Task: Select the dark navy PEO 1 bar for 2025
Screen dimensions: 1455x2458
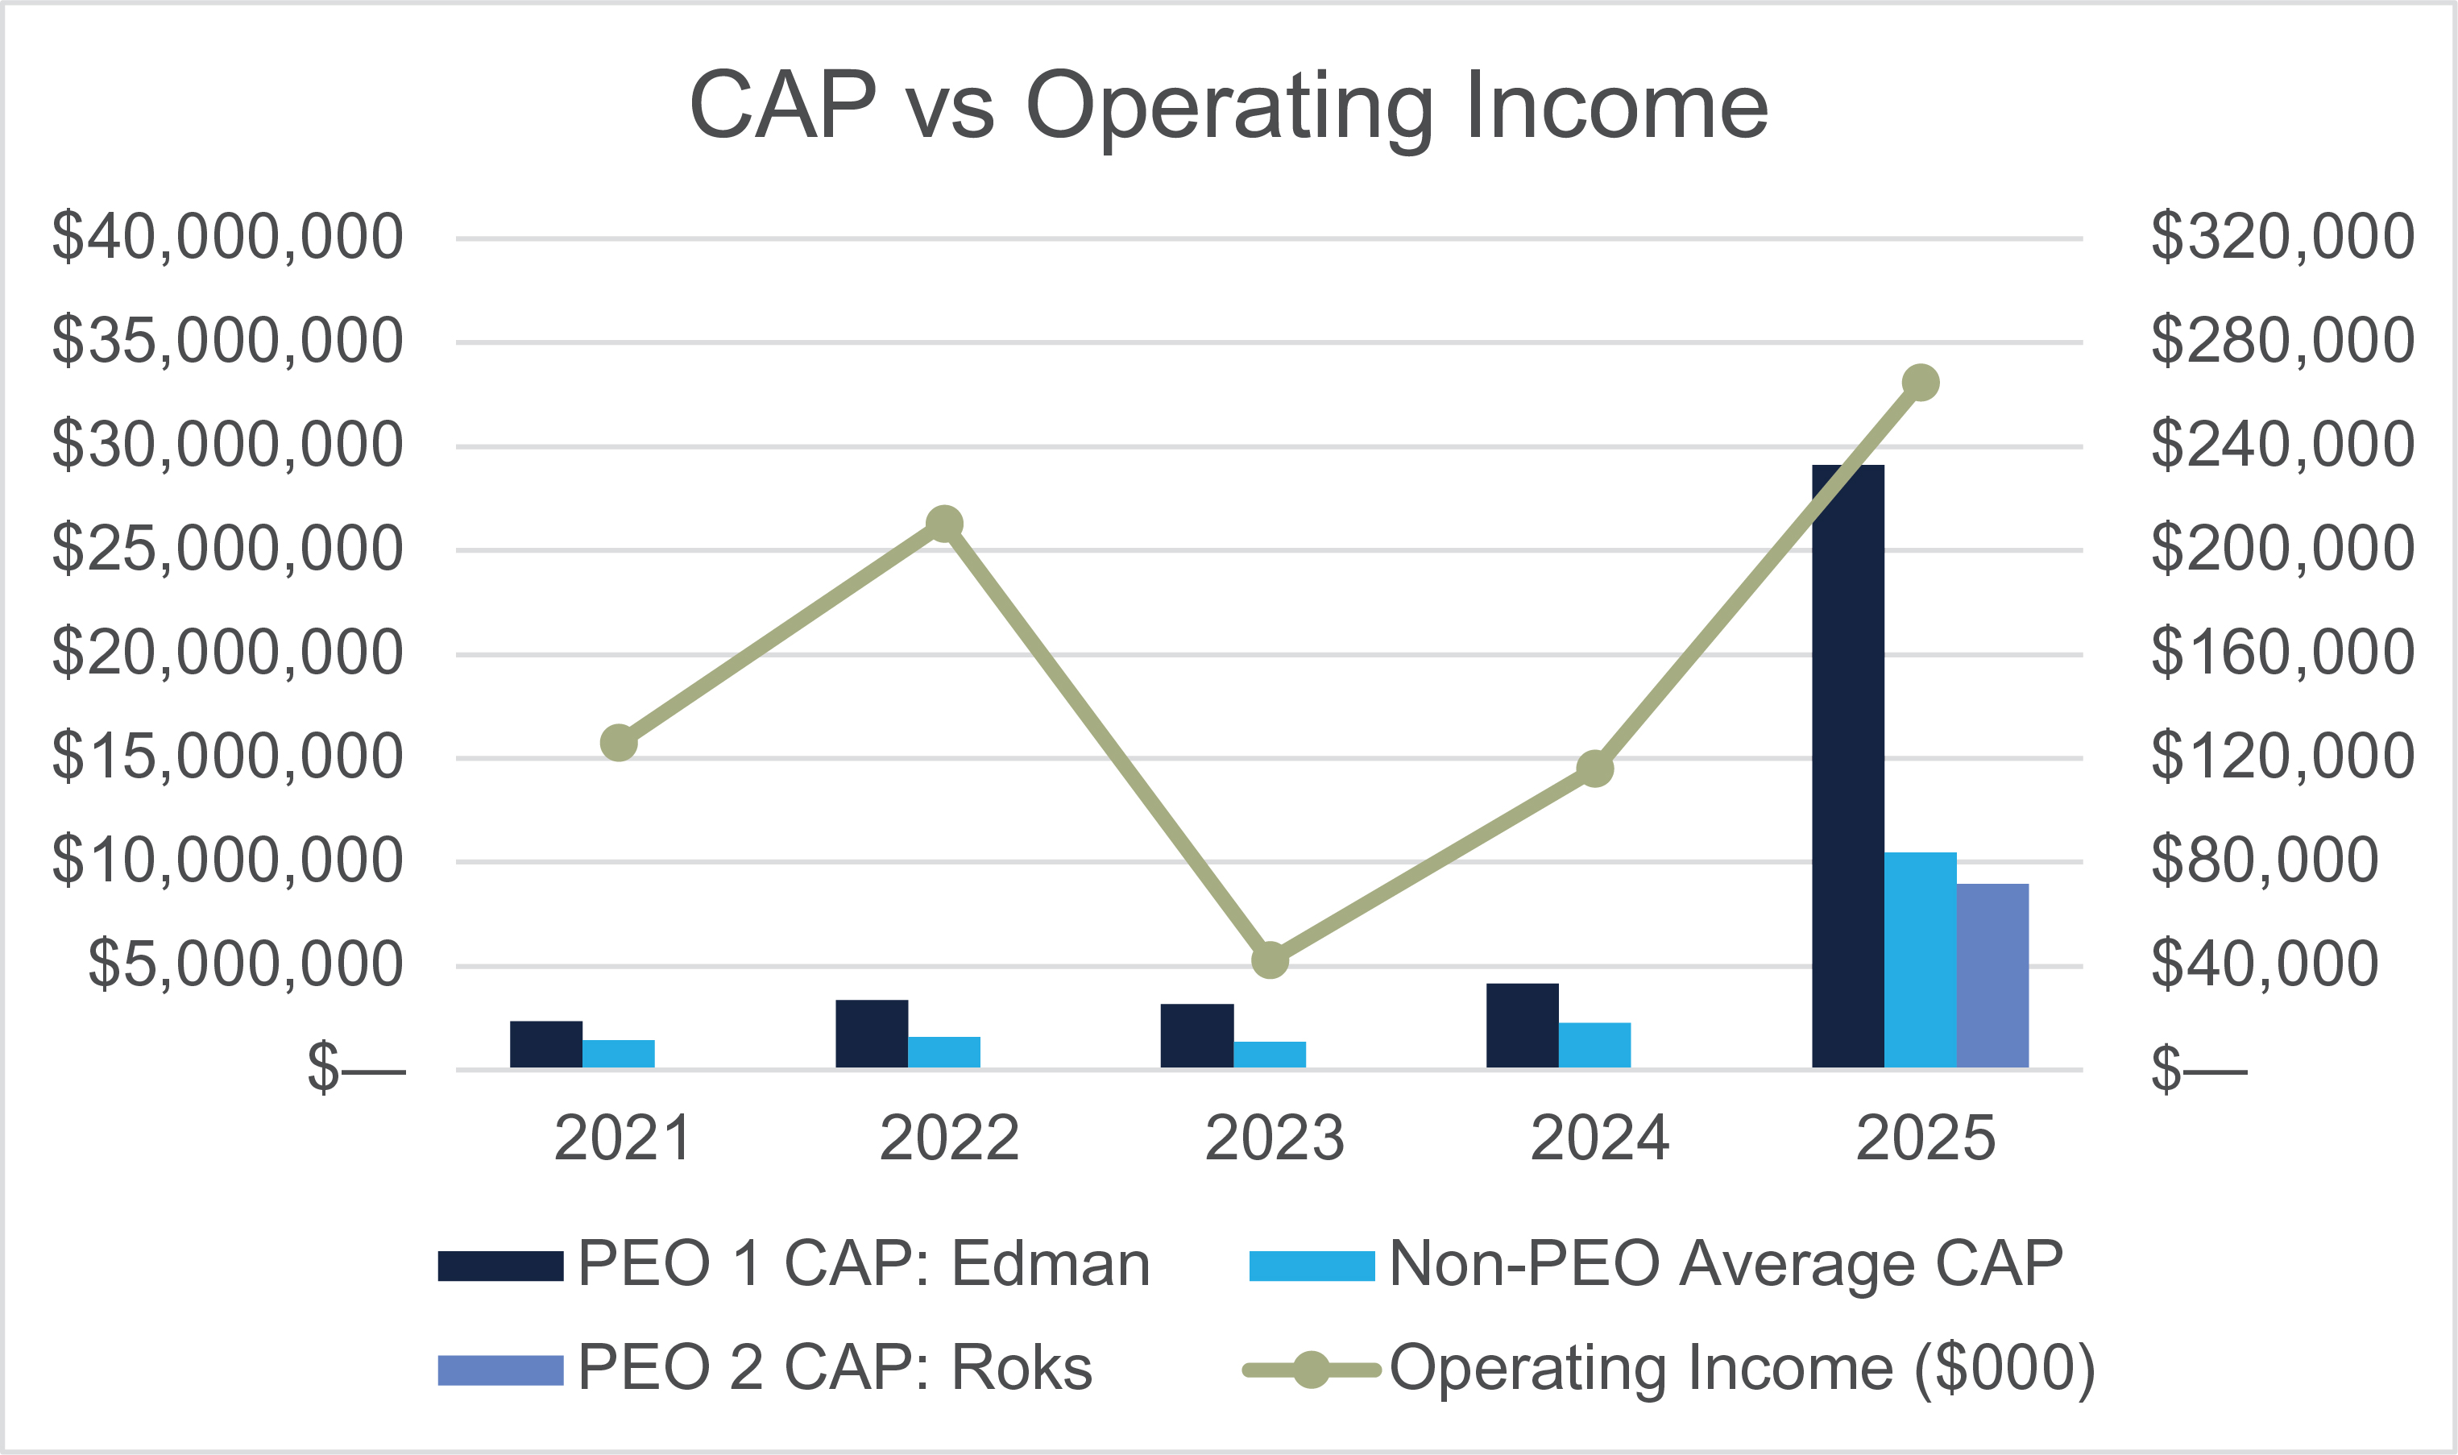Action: click(1847, 765)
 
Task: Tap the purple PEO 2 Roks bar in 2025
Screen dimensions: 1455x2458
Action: click(1992, 975)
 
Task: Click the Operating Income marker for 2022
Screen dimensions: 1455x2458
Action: click(943, 524)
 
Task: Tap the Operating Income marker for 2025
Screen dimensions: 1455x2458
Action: click(1920, 383)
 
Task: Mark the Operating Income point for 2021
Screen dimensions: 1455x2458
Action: click(619, 743)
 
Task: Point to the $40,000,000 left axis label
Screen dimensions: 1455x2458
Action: click(227, 238)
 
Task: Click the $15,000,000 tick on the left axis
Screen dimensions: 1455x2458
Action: click(227, 757)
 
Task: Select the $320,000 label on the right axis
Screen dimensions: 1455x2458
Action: click(2282, 238)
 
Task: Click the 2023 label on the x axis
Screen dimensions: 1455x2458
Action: click(1274, 1138)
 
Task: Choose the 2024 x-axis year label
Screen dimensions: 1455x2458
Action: click(1599, 1138)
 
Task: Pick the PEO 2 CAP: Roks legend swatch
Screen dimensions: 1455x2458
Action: click(500, 1370)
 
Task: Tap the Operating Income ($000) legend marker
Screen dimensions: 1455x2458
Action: click(1311, 1370)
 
